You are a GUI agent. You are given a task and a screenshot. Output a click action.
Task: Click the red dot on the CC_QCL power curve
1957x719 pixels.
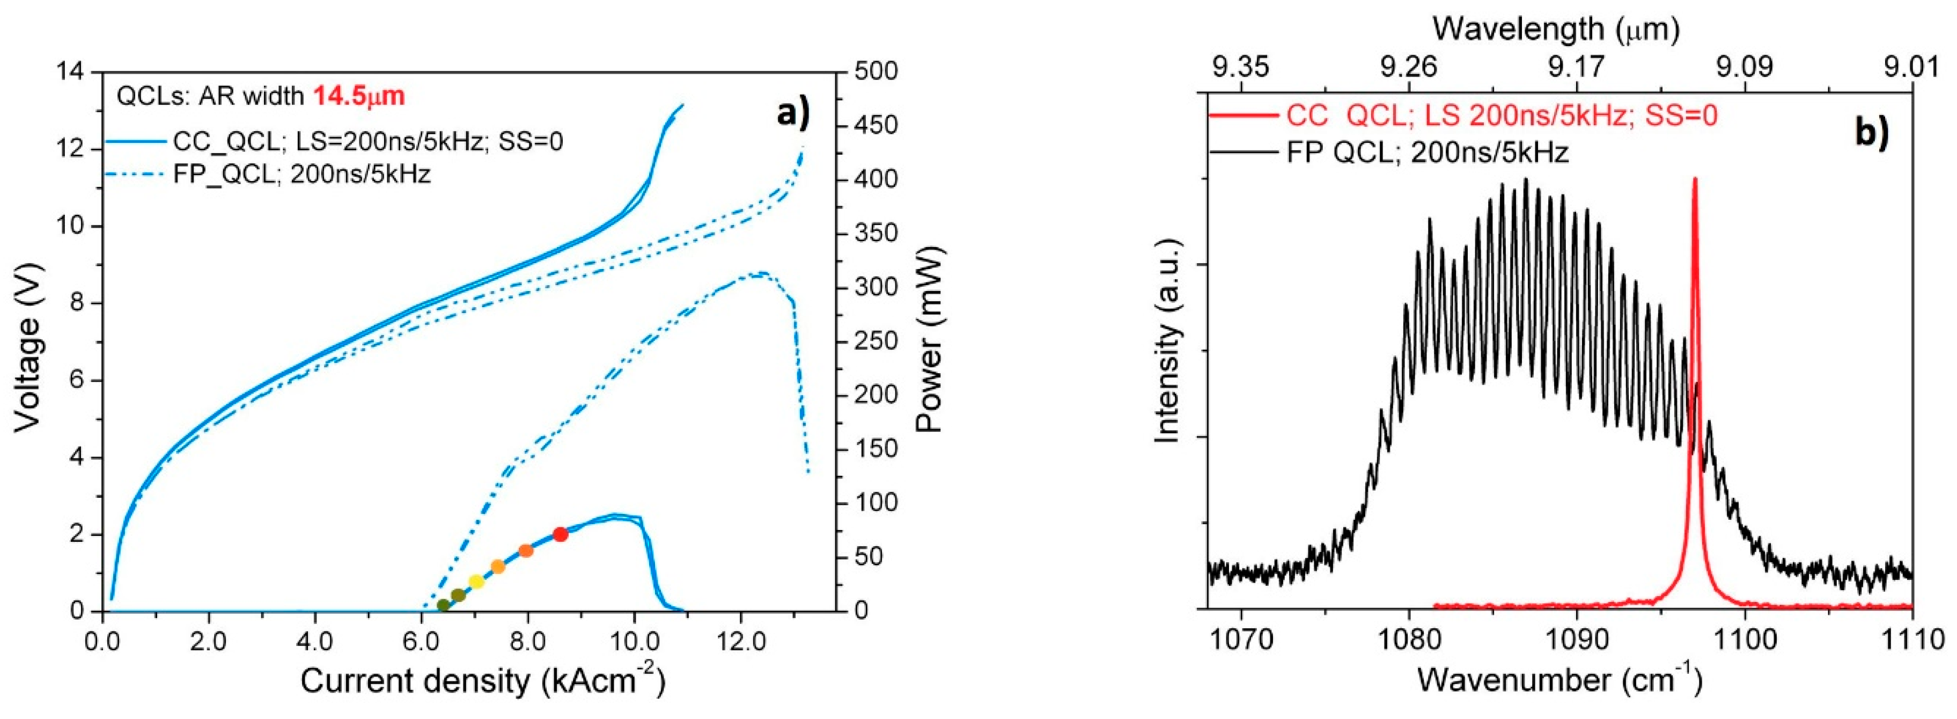tap(560, 534)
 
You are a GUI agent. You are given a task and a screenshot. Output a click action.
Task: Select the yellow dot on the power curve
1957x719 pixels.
tap(476, 582)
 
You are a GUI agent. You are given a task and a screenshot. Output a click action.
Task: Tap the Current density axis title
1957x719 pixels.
tap(483, 681)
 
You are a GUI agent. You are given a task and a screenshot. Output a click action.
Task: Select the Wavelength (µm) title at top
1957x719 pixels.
tap(1555, 29)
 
